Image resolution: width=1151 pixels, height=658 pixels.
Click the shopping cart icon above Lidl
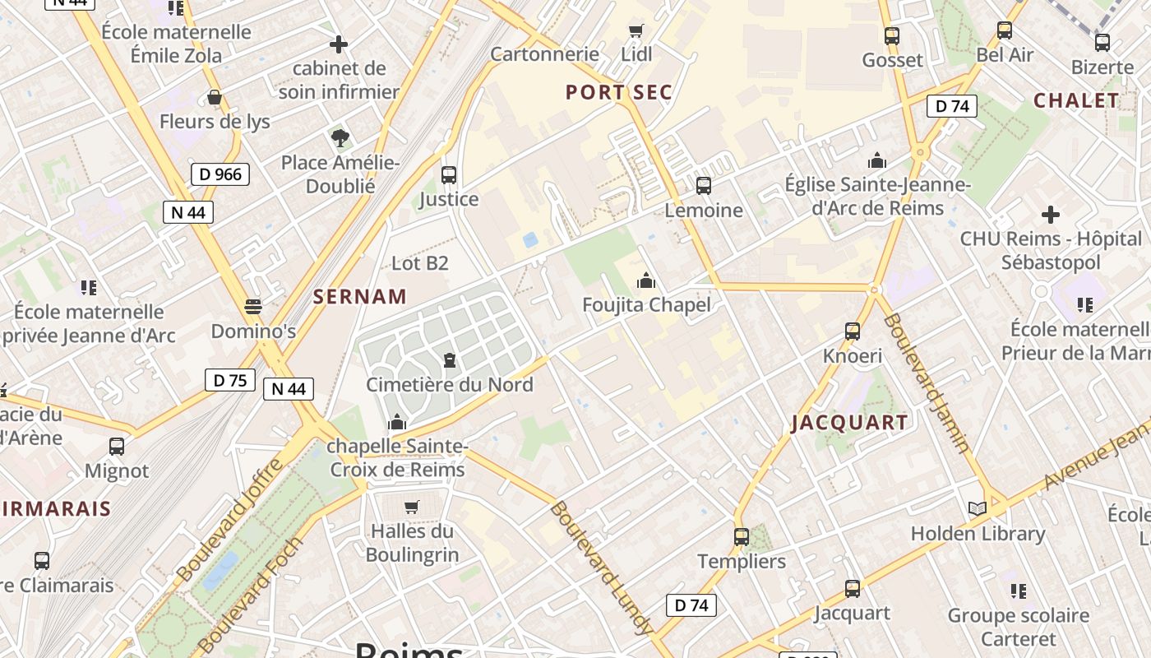pos(636,31)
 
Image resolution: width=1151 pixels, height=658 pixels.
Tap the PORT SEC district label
pos(619,92)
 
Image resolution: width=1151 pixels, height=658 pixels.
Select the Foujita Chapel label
pos(646,304)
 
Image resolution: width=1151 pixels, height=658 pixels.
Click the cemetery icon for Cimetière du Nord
pos(450,360)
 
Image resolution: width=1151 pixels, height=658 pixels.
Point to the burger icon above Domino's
pos(253,308)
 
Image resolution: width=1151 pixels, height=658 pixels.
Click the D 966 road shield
pos(220,174)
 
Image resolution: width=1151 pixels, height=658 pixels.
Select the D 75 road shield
pos(230,380)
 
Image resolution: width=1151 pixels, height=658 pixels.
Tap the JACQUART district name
pos(850,423)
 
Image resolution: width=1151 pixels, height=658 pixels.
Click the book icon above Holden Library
pos(978,509)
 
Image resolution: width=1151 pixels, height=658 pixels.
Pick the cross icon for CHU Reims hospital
pos(1051,215)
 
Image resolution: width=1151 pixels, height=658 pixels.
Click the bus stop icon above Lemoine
pos(704,186)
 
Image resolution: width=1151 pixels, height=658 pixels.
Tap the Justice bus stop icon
pos(449,174)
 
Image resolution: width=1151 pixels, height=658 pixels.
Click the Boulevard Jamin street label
pos(927,382)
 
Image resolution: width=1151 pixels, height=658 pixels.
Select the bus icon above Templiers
pos(742,537)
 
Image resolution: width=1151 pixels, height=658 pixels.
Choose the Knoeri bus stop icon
pos(853,331)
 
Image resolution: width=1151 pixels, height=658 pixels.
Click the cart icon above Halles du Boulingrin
pos(412,507)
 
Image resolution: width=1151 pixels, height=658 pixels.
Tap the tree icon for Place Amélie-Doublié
pos(340,137)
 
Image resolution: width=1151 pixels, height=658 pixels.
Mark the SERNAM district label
pos(360,297)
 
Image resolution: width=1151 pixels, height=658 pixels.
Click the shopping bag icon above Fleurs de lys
pos(215,98)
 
